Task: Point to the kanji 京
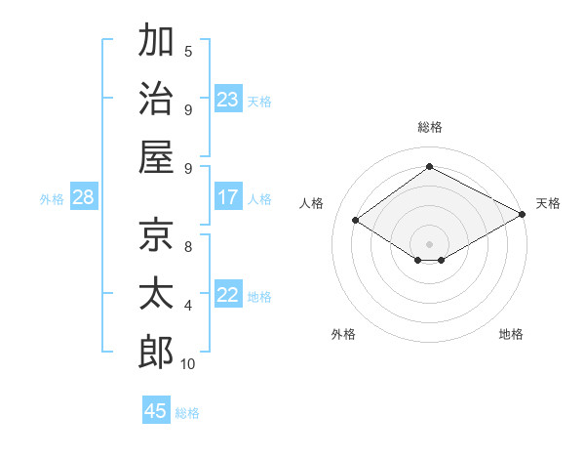(x=156, y=233)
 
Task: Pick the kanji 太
(x=156, y=293)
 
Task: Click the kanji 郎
(x=156, y=352)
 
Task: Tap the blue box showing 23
(x=227, y=100)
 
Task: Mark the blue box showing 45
(x=156, y=411)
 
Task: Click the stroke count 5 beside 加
(x=188, y=51)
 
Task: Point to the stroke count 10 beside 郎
(x=188, y=364)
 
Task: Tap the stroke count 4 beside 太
(x=188, y=306)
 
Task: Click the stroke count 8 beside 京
(x=188, y=246)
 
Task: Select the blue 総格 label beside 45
(x=187, y=413)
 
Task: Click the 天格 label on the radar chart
(x=548, y=203)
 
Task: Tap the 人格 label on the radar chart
(x=312, y=203)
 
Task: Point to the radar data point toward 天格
(x=522, y=214)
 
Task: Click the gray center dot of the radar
(x=429, y=243)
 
